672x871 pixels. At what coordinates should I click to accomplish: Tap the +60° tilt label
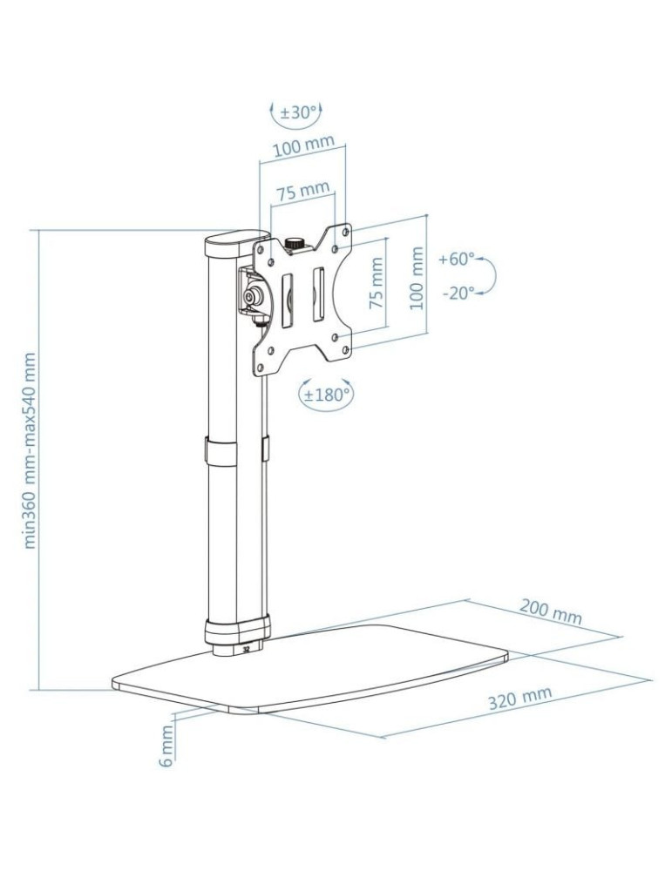pyautogui.click(x=457, y=259)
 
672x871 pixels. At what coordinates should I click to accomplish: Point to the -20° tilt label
pyautogui.click(x=458, y=293)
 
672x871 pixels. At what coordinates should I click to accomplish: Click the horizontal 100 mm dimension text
pyautogui.click(x=303, y=145)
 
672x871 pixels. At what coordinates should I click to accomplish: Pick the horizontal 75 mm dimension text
pyautogui.click(x=302, y=189)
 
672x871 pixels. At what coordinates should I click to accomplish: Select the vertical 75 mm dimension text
pyautogui.click(x=377, y=284)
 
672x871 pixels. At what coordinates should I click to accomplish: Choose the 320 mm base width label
pyautogui.click(x=519, y=699)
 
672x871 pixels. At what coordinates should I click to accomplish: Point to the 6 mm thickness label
pyautogui.click(x=166, y=747)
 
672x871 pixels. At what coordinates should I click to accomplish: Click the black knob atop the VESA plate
pyautogui.click(x=295, y=244)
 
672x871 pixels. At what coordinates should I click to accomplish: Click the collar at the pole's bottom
pyautogui.click(x=235, y=629)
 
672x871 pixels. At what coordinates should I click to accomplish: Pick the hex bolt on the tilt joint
pyautogui.click(x=254, y=297)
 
